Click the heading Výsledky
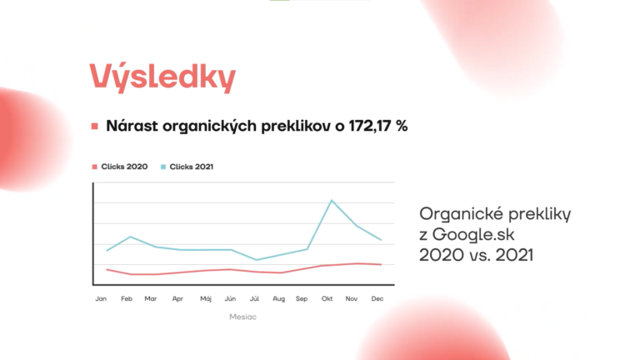click(x=162, y=77)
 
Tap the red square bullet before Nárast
click(x=95, y=127)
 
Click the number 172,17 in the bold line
click(x=370, y=126)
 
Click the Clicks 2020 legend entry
click(x=120, y=167)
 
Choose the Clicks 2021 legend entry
click(x=187, y=167)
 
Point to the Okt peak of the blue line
click(x=332, y=200)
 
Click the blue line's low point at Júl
click(x=257, y=260)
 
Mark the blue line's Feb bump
click(x=131, y=237)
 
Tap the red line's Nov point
click(x=357, y=263)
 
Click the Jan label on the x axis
click(x=101, y=299)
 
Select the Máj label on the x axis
click(x=206, y=299)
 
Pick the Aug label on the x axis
click(x=279, y=299)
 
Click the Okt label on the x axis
click(x=327, y=299)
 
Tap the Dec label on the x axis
click(x=377, y=299)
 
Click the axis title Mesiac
click(x=242, y=317)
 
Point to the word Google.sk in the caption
click(x=473, y=235)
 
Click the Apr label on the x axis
click(x=177, y=299)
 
